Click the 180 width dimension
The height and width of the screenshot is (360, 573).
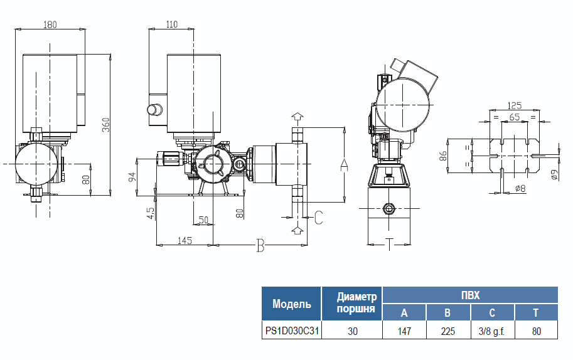(50, 24)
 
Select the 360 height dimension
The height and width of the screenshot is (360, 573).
(106, 125)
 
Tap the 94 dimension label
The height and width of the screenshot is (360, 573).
(132, 177)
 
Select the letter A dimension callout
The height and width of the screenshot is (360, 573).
(343, 164)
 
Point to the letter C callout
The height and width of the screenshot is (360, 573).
(318, 218)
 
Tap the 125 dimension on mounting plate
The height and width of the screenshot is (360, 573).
(515, 105)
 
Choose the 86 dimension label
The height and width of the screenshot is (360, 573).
(443, 156)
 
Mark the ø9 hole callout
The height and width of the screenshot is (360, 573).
(554, 175)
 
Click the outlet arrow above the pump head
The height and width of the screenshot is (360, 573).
(297, 117)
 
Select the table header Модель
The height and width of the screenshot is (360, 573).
(291, 304)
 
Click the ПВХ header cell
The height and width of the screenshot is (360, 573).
(470, 294)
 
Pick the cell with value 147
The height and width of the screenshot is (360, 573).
(404, 331)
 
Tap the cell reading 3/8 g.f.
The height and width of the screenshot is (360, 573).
(492, 331)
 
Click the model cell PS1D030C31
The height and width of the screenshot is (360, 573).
(291, 331)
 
